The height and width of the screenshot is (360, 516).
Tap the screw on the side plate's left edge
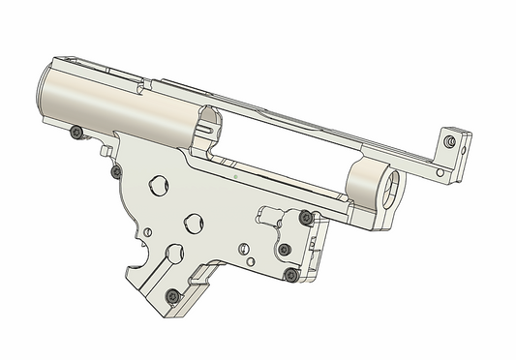click(x=116, y=171)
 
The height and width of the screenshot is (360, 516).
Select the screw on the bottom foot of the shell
click(x=172, y=295)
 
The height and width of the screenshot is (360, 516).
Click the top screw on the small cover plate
click(x=306, y=217)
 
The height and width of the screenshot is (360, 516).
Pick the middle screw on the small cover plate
click(x=285, y=250)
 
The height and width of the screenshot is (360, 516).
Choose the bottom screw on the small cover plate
click(x=290, y=275)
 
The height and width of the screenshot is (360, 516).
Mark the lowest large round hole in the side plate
click(x=175, y=254)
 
